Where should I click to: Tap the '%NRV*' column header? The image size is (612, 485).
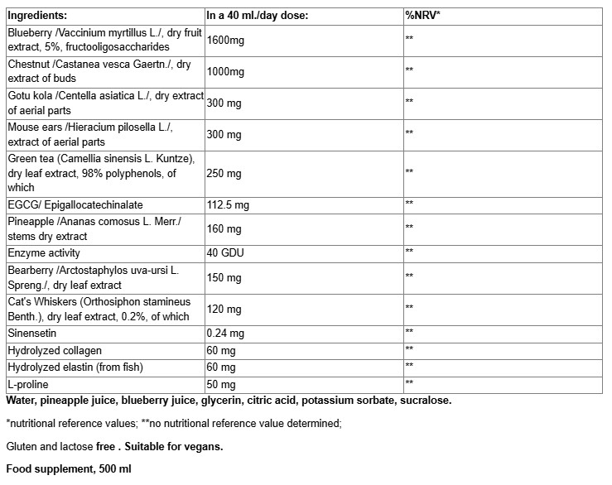[423, 15]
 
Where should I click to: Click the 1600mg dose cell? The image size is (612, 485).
[225, 40]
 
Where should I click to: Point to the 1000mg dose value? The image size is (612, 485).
[225, 71]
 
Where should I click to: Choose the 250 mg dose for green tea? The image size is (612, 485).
[224, 173]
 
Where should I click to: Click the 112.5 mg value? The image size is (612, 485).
[229, 204]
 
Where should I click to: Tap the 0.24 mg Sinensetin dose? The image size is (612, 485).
[225, 333]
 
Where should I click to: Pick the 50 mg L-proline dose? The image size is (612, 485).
[221, 383]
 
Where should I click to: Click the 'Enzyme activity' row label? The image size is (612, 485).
[43, 252]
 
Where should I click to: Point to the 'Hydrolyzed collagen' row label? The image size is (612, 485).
[52, 349]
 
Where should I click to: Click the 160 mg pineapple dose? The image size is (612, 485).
[224, 228]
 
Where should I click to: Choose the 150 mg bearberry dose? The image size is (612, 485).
[224, 277]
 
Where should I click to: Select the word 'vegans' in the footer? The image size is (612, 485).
[205, 447]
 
